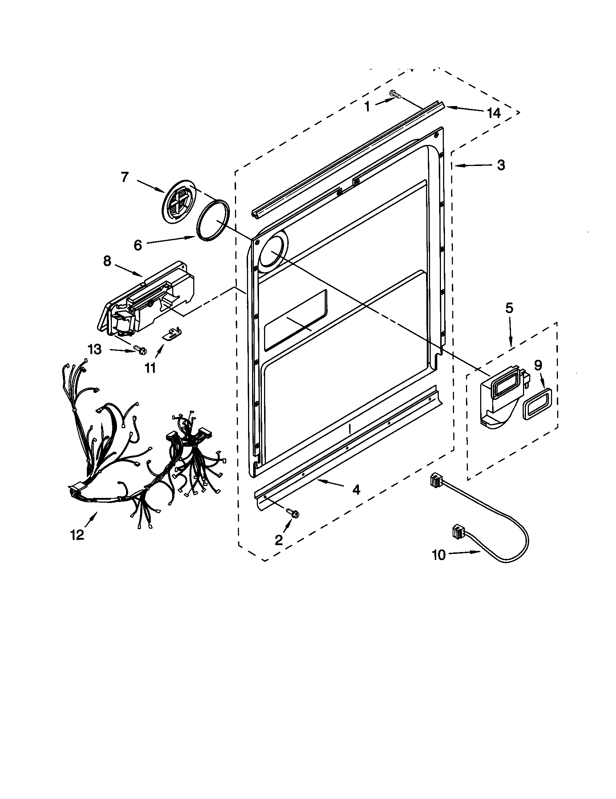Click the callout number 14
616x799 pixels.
[494, 113]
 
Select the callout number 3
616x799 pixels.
[501, 165]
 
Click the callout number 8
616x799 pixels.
[107, 261]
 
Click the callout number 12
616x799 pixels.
[78, 535]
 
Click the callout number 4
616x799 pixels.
[356, 490]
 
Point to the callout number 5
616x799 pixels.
[509, 308]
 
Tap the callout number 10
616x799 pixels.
[439, 555]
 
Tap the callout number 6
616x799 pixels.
[138, 245]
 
